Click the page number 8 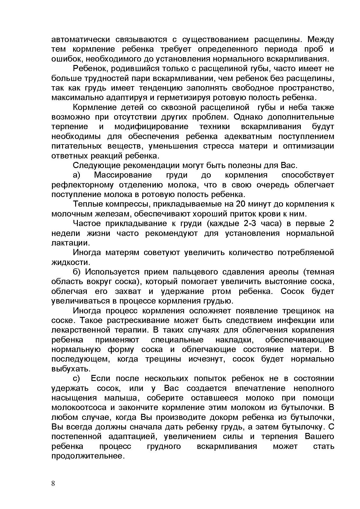click(x=53, y=483)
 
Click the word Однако click(x=248, y=117)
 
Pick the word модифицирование click(x=151, y=127)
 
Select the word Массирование click(x=123, y=175)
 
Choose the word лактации click(x=70, y=243)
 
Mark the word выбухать click(x=71, y=369)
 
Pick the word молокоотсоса click(x=79, y=408)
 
